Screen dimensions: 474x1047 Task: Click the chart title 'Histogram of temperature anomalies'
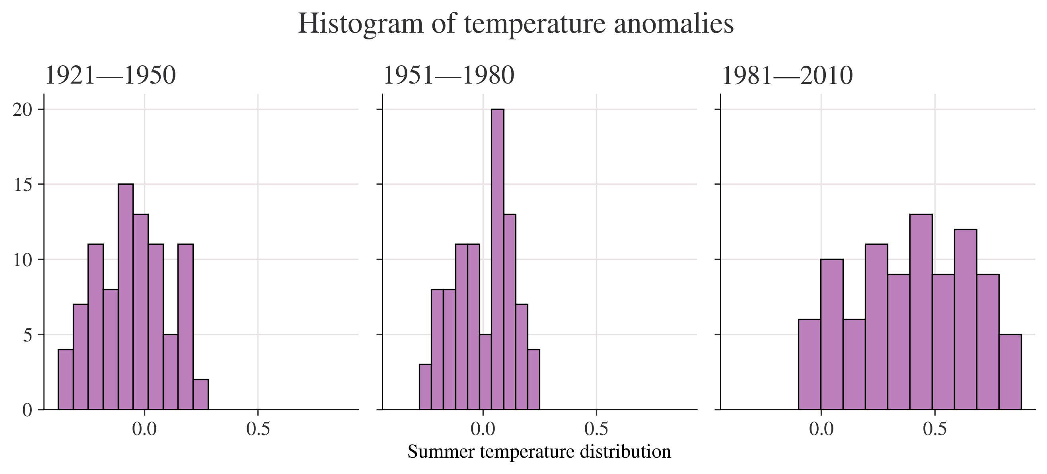pyautogui.click(x=516, y=23)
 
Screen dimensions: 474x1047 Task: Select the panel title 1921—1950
pyautogui.click(x=110, y=76)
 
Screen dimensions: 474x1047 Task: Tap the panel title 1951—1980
pyautogui.click(x=449, y=76)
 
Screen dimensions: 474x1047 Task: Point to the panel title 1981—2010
pyautogui.click(x=787, y=76)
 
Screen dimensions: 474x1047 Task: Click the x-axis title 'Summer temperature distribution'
pyautogui.click(x=539, y=452)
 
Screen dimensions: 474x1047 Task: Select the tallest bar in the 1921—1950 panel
pyautogui.click(x=126, y=297)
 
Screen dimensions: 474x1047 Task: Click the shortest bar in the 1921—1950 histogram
pyautogui.click(x=201, y=394)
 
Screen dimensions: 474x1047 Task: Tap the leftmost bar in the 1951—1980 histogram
pyautogui.click(x=425, y=386)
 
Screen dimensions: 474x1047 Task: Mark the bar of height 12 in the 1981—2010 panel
pyautogui.click(x=965, y=320)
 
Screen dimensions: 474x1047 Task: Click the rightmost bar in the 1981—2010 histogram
pyautogui.click(x=1010, y=372)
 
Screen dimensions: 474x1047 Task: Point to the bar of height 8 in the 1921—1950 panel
pyautogui.click(x=111, y=349)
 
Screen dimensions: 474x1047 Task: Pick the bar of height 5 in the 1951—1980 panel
pyautogui.click(x=485, y=372)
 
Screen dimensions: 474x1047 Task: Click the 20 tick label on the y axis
pyautogui.click(x=23, y=110)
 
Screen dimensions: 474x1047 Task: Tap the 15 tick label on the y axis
pyautogui.click(x=23, y=185)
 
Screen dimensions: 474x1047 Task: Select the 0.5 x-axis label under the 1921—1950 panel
pyautogui.click(x=258, y=429)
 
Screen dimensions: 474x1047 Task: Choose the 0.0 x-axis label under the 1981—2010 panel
pyautogui.click(x=821, y=429)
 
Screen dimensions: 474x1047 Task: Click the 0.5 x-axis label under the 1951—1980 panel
pyautogui.click(x=596, y=429)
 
